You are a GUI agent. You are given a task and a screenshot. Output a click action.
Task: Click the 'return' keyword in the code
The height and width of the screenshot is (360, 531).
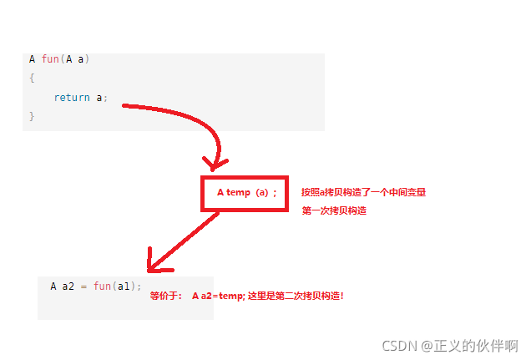(72, 98)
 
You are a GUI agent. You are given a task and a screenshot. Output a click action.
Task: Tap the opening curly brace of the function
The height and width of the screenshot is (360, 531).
(32, 78)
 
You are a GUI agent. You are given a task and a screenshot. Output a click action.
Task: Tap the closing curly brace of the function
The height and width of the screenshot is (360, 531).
(32, 116)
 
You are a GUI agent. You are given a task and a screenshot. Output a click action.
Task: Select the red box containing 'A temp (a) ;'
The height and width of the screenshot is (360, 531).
(244, 194)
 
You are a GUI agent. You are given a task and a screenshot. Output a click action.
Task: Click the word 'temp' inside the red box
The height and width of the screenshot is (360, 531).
(239, 193)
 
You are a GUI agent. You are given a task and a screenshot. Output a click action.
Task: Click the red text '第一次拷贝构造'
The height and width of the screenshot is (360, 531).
(334, 211)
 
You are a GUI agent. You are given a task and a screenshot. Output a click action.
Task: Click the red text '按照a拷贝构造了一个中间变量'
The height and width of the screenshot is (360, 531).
(364, 192)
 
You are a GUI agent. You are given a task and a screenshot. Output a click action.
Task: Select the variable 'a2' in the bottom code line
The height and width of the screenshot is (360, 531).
(68, 286)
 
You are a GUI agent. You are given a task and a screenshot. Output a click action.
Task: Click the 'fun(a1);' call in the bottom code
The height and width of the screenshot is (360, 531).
(118, 286)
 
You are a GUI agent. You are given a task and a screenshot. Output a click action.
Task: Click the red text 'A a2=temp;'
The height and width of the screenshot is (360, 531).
(218, 297)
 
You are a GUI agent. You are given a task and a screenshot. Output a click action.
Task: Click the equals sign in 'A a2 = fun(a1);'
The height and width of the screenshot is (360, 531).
(83, 286)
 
